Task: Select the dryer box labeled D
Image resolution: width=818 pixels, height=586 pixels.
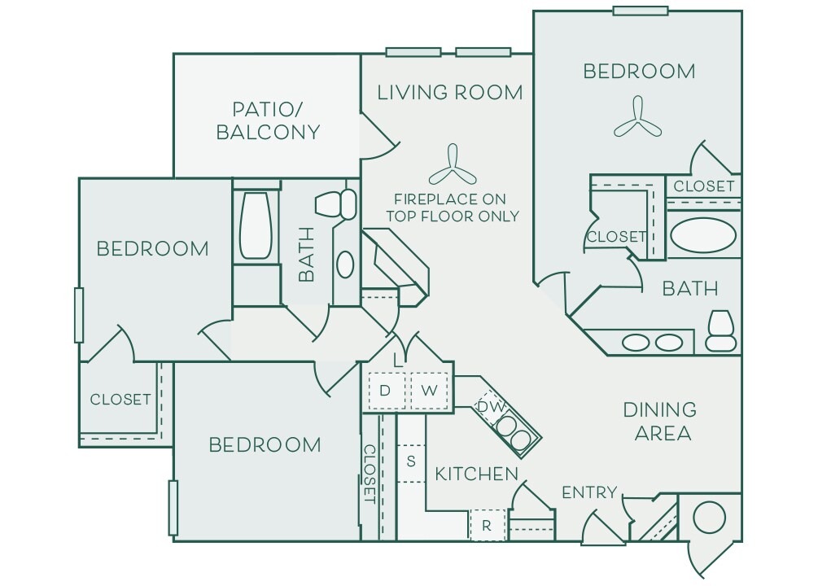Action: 386,390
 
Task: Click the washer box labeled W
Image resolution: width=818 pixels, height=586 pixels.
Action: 430,390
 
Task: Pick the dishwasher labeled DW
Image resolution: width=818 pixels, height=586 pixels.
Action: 489,405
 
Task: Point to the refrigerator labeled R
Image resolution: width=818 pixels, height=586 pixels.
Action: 488,525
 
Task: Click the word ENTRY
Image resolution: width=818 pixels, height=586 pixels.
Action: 589,492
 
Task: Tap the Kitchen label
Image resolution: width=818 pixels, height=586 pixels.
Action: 476,474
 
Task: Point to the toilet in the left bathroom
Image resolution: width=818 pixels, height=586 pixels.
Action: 336,203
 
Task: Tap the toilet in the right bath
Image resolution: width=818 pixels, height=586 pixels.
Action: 721,330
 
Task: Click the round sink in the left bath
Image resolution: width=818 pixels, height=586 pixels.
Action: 345,264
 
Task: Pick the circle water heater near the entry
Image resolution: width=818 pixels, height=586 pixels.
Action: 708,517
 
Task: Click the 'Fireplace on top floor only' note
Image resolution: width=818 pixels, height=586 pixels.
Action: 452,208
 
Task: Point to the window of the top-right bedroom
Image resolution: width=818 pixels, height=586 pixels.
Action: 640,11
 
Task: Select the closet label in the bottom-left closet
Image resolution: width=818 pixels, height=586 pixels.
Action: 120,399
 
